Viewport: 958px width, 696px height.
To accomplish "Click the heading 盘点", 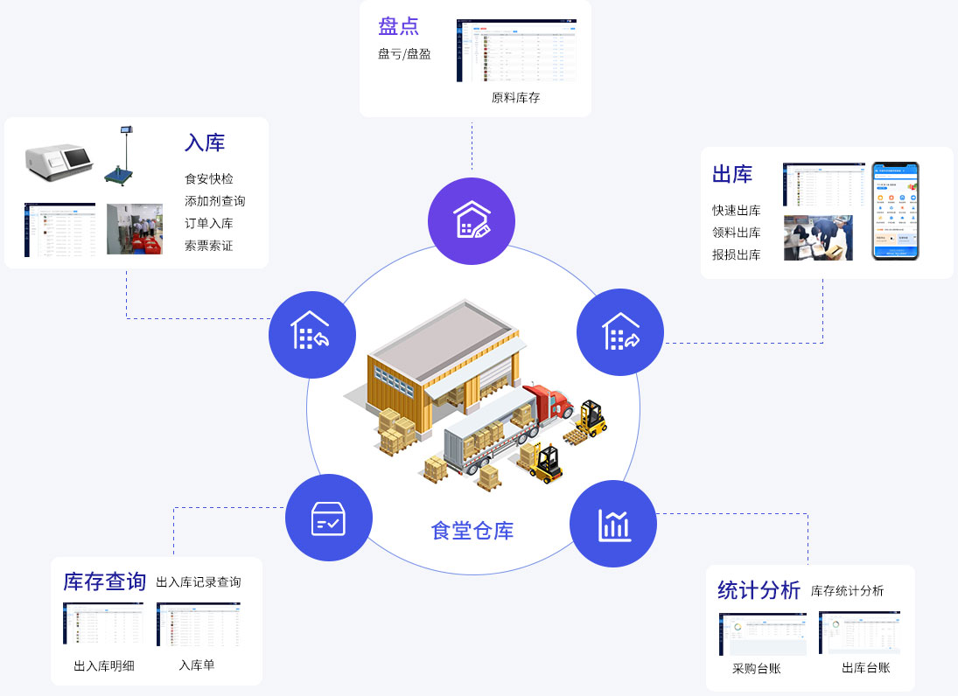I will point(398,25).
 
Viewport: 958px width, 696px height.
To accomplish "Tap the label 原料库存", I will point(515,98).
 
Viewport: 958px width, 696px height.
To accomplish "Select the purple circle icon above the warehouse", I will point(471,220).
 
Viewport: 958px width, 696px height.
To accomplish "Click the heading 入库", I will point(205,143).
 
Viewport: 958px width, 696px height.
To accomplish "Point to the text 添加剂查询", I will point(214,201).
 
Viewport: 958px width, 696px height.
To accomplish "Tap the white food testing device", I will point(59,158).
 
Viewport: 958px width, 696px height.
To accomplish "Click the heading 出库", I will point(732,174).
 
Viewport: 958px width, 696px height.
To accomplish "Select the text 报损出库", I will point(736,254).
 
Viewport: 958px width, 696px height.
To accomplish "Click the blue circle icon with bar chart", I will point(613,524).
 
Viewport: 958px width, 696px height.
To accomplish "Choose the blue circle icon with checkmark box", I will point(329,518).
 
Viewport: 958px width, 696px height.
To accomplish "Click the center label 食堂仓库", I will point(472,531).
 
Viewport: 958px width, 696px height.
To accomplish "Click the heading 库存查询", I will point(104,582).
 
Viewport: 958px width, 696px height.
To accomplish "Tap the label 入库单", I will point(197,665).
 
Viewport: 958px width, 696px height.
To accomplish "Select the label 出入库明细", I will point(104,666).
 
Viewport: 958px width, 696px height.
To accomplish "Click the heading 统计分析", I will point(759,590).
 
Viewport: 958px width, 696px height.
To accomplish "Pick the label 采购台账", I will point(756,669).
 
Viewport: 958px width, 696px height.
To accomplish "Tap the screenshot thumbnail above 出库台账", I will point(859,633).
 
